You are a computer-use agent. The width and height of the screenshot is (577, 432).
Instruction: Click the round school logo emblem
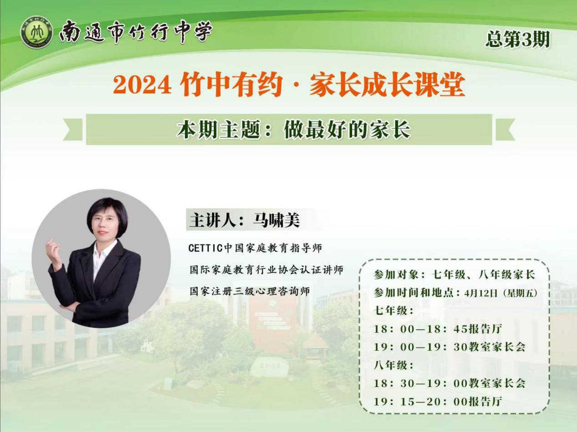(x=37, y=32)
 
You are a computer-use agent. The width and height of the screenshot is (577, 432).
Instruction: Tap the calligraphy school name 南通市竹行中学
(x=136, y=32)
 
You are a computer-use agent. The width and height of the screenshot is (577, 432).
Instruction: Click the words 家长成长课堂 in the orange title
(x=387, y=84)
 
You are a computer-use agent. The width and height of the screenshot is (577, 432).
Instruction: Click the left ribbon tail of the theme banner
(x=73, y=130)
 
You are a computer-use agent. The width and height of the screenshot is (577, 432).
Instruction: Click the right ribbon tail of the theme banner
(x=505, y=130)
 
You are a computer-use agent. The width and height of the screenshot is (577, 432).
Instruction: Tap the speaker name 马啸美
(x=276, y=220)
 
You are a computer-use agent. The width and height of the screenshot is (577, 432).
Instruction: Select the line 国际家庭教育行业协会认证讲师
(x=266, y=270)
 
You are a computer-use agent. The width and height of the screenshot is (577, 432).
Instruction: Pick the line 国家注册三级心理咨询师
(x=250, y=291)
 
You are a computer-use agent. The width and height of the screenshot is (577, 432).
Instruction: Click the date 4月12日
(x=481, y=293)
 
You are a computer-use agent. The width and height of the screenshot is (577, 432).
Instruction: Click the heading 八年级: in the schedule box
(x=394, y=365)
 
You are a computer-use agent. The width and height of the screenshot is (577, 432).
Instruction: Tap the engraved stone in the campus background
(x=269, y=366)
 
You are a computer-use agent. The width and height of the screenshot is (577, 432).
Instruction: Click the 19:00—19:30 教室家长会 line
(x=450, y=347)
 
